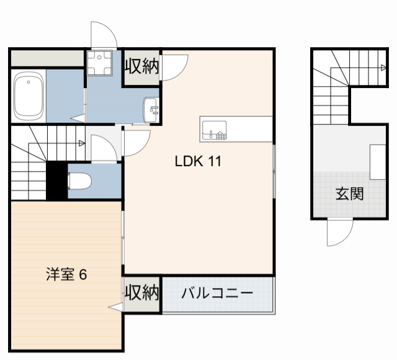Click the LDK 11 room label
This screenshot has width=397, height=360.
point(198,162)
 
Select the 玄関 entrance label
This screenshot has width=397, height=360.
point(349,194)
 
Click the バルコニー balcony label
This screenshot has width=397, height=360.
point(217,293)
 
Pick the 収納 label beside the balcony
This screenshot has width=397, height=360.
point(142,292)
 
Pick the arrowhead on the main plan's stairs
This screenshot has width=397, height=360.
point(82,144)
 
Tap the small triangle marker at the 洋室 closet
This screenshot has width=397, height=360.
point(115,307)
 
